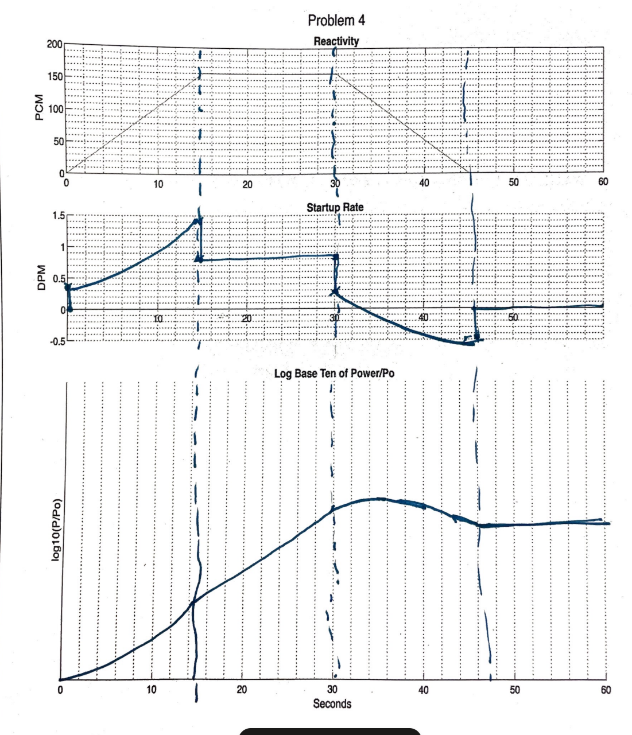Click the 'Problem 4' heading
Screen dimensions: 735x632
click(336, 21)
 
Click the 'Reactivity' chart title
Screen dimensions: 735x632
click(336, 41)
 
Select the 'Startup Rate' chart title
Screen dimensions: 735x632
click(335, 207)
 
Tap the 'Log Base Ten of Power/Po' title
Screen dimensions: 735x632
click(334, 374)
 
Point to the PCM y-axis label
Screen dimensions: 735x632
click(39, 108)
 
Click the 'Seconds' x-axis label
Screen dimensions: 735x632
click(332, 703)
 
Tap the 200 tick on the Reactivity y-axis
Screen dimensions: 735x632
click(55, 45)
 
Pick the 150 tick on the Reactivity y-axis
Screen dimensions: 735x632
click(55, 76)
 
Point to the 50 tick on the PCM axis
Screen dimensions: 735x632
click(58, 141)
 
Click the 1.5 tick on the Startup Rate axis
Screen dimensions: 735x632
click(58, 216)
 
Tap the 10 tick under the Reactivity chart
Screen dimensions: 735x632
click(158, 184)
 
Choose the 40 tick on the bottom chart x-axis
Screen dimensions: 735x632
click(424, 690)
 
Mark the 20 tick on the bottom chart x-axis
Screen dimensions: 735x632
click(242, 690)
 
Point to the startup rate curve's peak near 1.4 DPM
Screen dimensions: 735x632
click(197, 220)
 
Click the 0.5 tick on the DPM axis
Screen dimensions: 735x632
click(58, 279)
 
